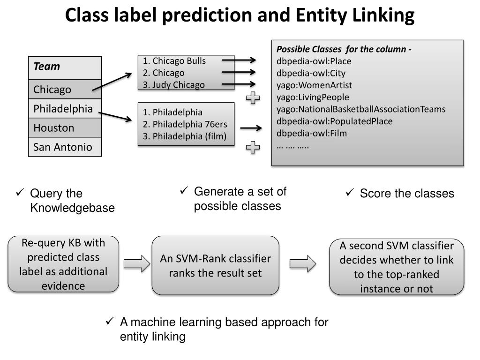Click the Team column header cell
pos(65,67)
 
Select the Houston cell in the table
pos(65,127)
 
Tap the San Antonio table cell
pos(65,147)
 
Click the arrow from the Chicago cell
pos(112,82)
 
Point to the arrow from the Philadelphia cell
pos(115,117)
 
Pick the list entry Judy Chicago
pos(173,85)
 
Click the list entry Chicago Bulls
pos(174,61)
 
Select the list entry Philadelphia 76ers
pos(185,124)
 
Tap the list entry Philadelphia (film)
pos(185,136)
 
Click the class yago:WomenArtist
pos(314,85)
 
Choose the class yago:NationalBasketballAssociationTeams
pos(361,109)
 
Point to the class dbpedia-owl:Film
pos(312,134)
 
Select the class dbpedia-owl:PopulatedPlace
pos(334,121)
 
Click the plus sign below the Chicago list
pos(253,98)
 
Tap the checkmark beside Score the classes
pos(350,192)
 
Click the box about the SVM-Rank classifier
pos(216,265)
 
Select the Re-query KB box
pos(63,264)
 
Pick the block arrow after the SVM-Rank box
pos(303,263)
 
